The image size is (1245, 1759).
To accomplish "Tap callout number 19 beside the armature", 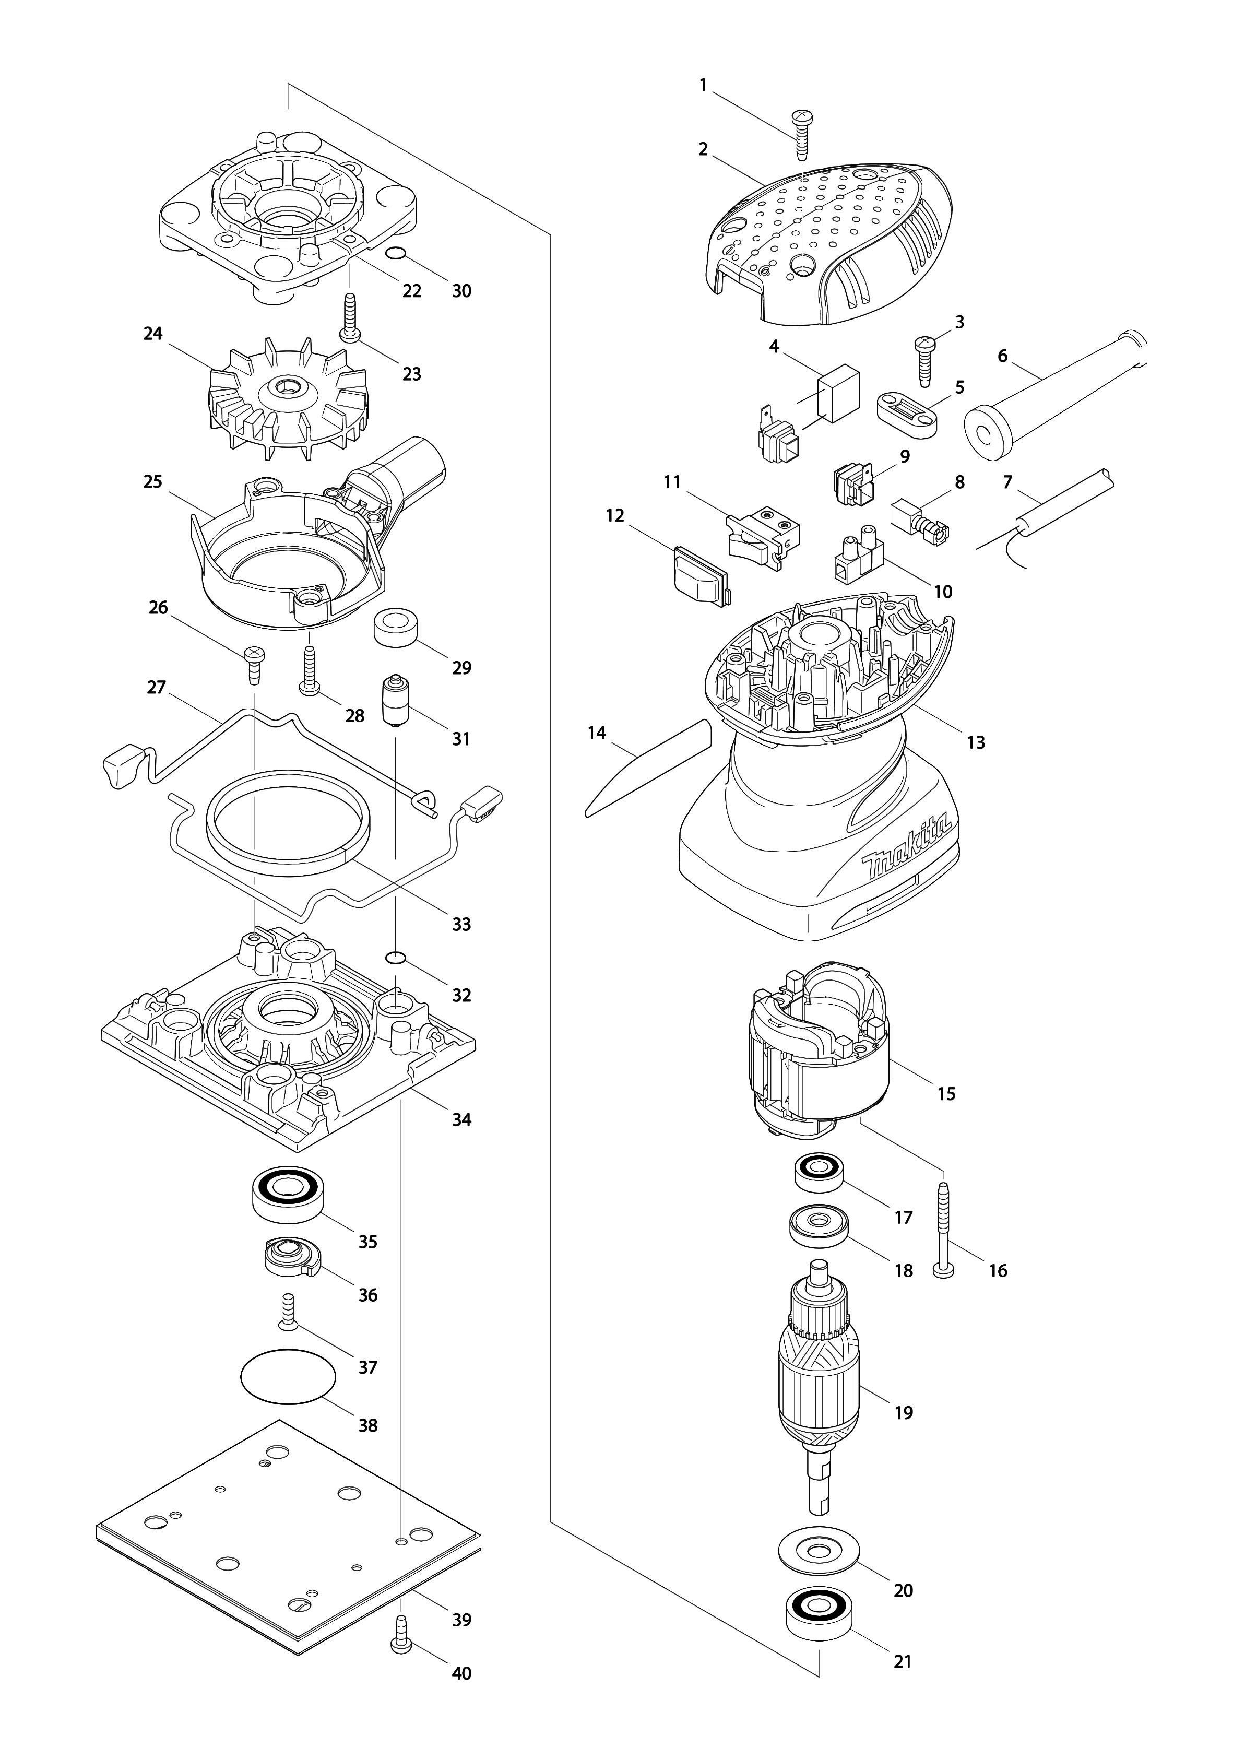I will (x=904, y=1412).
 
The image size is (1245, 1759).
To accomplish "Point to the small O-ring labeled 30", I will (x=394, y=255).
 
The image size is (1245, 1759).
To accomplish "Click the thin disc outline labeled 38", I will (x=288, y=1376).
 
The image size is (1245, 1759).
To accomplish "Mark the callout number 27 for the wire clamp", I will (x=157, y=687).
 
